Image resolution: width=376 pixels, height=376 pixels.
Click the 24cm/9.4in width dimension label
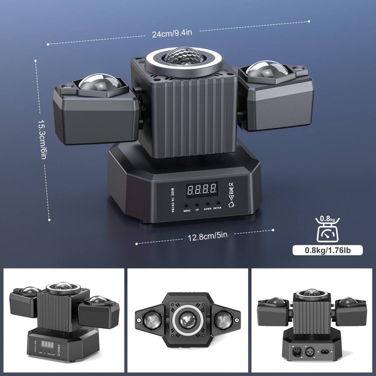[172, 33]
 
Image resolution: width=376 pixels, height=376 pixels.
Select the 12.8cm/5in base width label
[208, 237]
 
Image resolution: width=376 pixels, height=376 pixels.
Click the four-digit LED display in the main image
[202, 189]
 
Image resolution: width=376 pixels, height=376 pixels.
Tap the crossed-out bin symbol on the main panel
[232, 195]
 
